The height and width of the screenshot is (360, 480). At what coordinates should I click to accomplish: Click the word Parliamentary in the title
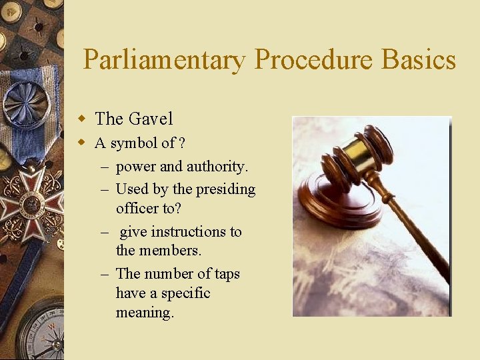pyautogui.click(x=164, y=61)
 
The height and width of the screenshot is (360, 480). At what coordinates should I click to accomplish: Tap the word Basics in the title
pyautogui.click(x=419, y=61)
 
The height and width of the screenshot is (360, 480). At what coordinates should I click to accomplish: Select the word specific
pyautogui.click(x=186, y=293)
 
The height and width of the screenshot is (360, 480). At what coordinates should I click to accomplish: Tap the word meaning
pyautogui.click(x=145, y=312)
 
